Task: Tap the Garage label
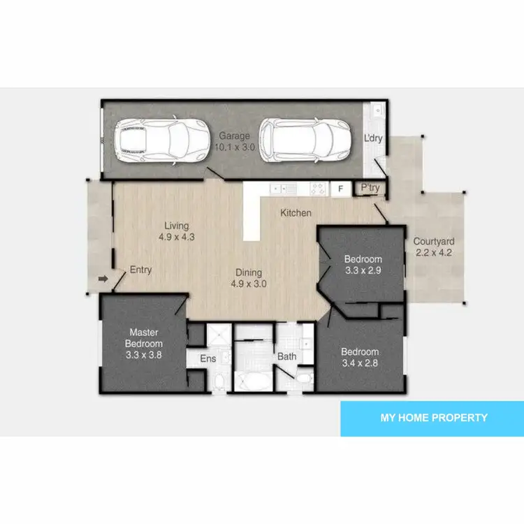click(x=234, y=136)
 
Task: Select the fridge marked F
click(x=341, y=189)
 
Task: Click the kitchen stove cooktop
click(x=318, y=189)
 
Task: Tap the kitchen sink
click(x=285, y=189)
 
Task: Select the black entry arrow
click(x=103, y=280)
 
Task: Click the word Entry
click(x=140, y=270)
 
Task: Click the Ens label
click(x=208, y=358)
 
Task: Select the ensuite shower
click(x=217, y=335)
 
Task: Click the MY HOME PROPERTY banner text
click(x=433, y=418)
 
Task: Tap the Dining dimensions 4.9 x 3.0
click(x=248, y=284)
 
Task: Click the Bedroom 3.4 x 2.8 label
click(x=360, y=357)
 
